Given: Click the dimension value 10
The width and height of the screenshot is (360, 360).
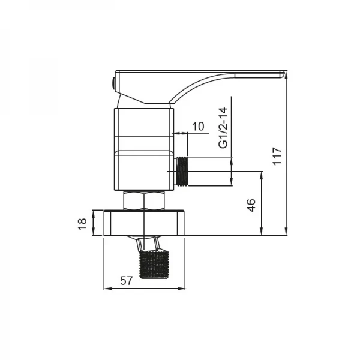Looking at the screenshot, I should pos(198,126).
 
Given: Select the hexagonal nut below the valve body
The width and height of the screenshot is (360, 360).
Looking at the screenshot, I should pos(143,200).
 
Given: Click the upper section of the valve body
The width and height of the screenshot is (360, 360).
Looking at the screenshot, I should pos(144,129).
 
